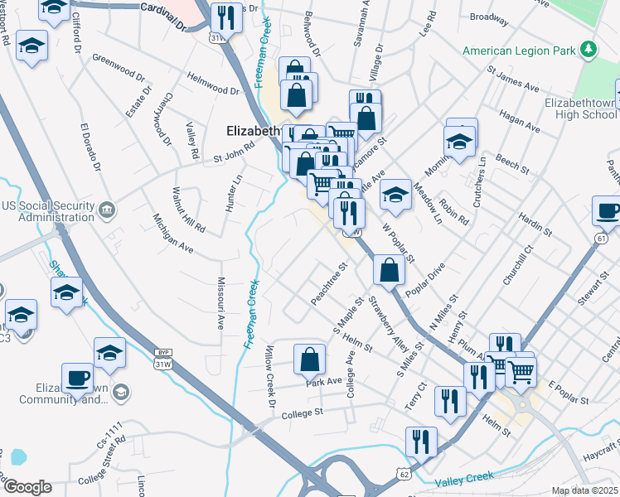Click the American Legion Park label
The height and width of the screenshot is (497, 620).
click(x=519, y=51)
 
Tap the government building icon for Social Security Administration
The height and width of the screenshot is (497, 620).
click(x=107, y=211)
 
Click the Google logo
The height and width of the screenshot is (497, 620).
click(x=27, y=487)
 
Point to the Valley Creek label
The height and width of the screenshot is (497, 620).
click(x=465, y=478)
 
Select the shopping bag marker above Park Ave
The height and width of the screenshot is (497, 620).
click(x=309, y=359)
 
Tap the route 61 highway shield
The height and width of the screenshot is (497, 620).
click(x=599, y=239)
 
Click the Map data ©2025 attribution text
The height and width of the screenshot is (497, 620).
click(x=584, y=490)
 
